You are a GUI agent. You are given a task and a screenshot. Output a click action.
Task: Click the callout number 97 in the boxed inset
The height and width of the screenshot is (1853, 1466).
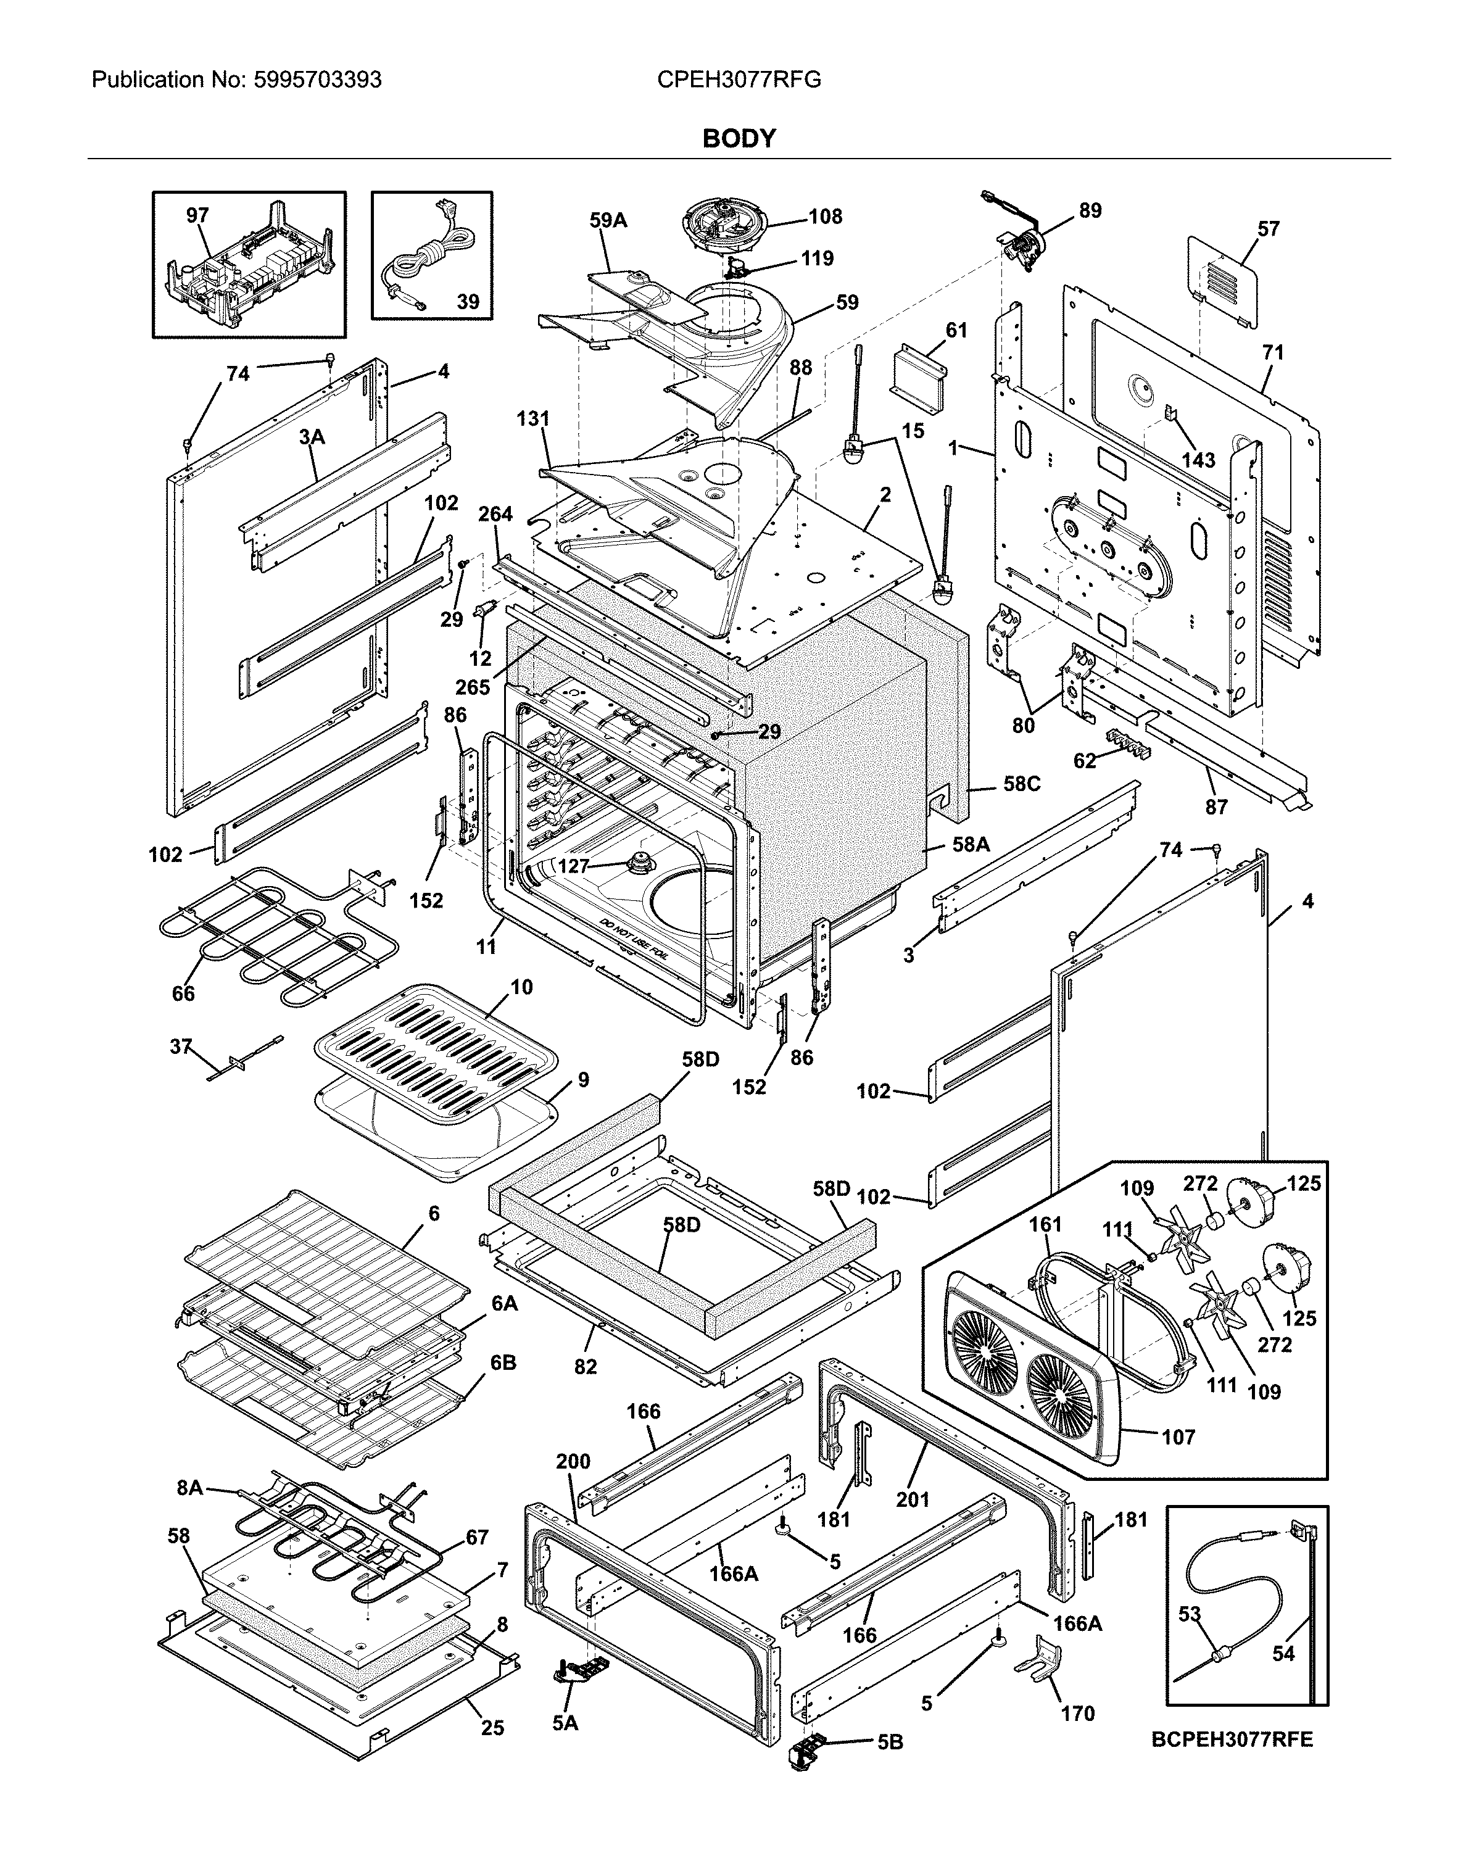coord(198,215)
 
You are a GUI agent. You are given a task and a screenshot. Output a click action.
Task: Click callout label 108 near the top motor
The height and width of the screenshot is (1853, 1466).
coord(825,217)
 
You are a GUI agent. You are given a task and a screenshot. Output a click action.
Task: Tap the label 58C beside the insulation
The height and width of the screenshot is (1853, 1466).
coord(1021,784)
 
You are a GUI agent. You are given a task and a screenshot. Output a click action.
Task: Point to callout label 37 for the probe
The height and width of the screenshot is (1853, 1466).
coord(180,1047)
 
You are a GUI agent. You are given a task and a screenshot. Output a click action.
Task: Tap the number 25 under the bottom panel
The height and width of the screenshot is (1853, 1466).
coord(492,1728)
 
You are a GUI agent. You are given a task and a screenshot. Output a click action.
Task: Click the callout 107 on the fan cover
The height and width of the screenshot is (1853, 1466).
coord(1178,1436)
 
